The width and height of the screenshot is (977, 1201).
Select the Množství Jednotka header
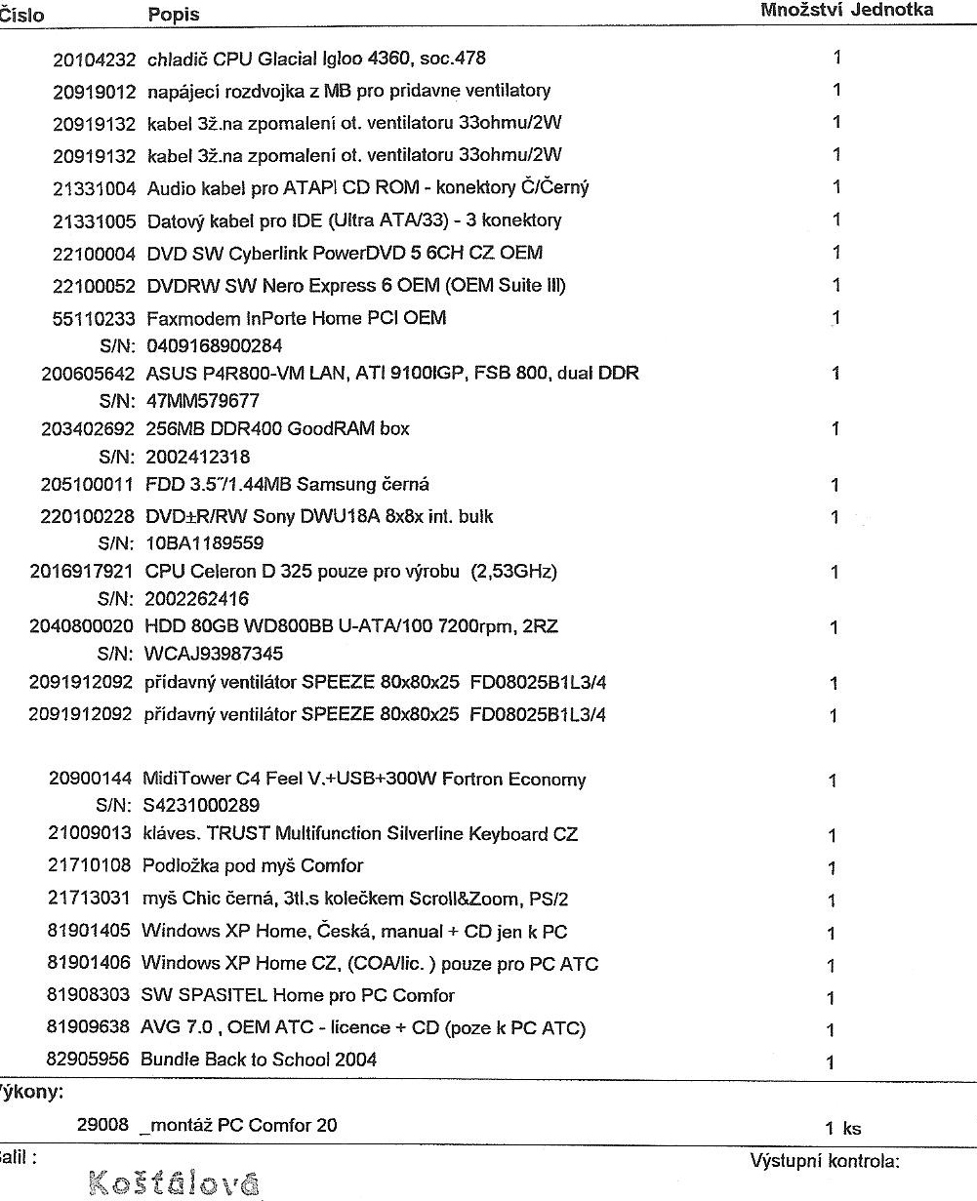(846, 10)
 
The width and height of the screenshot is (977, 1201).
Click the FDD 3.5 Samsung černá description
(288, 485)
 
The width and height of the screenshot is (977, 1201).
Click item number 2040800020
(81, 627)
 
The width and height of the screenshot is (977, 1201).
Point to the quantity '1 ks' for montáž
(843, 1128)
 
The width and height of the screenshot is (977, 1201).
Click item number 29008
(102, 1125)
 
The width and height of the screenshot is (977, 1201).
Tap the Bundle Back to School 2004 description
(259, 1059)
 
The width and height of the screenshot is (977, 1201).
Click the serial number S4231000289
(201, 807)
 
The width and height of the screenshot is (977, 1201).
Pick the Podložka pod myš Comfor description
(252, 865)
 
